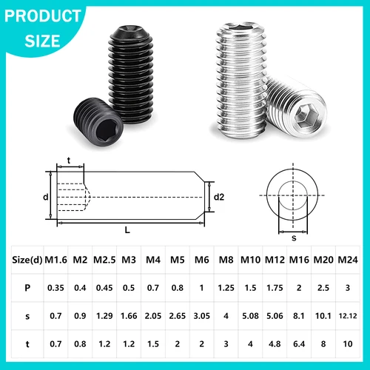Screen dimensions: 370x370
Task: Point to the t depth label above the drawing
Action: pos(69,158)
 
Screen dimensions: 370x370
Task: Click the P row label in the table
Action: pos(27,287)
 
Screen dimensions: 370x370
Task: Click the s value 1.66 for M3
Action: pos(129,316)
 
